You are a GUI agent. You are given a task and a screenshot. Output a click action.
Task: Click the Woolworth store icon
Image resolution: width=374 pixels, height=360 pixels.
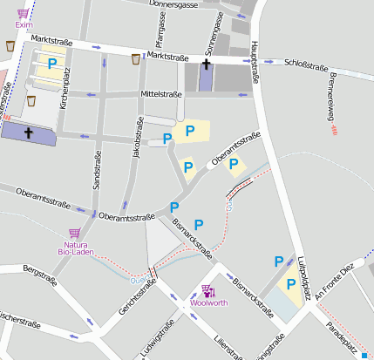207,290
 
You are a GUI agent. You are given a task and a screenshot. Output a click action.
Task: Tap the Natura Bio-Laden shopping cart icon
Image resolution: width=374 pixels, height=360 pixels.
74,234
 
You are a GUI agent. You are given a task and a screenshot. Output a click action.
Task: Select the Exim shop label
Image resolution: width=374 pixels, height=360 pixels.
24,25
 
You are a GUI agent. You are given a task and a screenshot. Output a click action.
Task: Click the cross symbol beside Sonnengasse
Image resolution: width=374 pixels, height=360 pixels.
206,65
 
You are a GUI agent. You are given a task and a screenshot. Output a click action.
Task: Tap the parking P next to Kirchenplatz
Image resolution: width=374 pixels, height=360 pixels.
51,64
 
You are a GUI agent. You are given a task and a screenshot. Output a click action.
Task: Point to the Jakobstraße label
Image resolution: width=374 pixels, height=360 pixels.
138,139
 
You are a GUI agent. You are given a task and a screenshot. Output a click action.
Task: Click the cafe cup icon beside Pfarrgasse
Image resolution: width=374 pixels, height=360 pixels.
135,59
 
